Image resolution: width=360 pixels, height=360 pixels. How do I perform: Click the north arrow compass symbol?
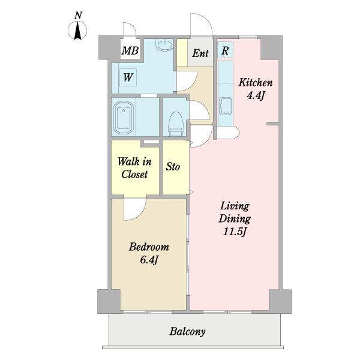click(77, 31)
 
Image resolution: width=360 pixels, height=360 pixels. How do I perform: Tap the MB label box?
click(130, 50)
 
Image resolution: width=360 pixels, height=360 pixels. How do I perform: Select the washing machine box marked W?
click(128, 77)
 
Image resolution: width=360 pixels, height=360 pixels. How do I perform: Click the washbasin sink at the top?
click(164, 44)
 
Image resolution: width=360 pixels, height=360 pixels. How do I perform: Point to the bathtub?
click(124, 118)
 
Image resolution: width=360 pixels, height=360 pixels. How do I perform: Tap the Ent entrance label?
click(200, 53)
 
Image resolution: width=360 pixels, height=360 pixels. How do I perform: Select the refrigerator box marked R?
click(225, 50)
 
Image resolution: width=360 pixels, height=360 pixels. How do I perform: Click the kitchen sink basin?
click(225, 106)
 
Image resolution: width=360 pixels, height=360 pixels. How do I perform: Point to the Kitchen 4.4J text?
click(256, 89)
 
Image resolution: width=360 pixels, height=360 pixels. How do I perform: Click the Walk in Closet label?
click(134, 168)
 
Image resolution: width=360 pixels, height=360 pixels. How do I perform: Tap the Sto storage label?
click(173, 166)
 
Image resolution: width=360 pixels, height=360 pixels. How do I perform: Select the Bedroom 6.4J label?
click(149, 253)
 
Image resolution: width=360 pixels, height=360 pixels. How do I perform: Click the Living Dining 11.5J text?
click(235, 218)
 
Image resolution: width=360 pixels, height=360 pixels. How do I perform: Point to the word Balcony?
click(187, 332)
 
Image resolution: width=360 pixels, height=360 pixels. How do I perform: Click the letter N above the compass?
click(78, 16)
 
